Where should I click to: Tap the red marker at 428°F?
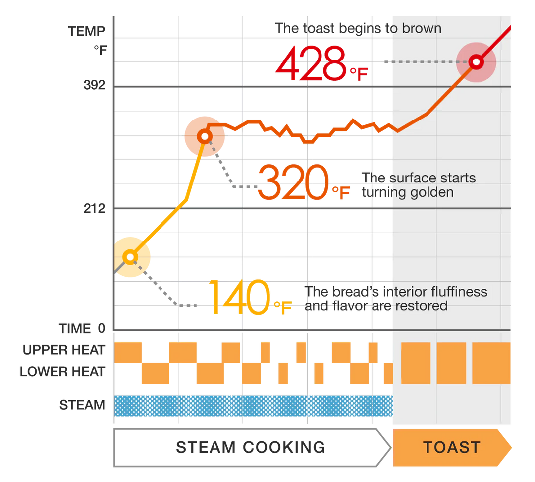point(476,62)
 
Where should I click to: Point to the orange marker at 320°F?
point(205,136)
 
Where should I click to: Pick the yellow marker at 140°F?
point(130,257)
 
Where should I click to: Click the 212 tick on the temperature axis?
point(94,209)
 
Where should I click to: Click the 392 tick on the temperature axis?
point(94,86)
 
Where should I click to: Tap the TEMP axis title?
point(87,32)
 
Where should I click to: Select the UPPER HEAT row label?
point(63,350)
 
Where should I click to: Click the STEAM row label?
point(82,405)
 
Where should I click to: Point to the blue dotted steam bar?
point(253,406)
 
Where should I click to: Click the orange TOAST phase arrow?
point(451,447)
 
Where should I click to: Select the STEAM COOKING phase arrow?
point(250,447)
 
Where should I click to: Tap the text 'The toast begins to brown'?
point(358,28)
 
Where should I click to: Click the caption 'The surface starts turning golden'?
point(418,185)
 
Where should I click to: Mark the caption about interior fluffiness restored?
point(395,298)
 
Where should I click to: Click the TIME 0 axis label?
point(82,328)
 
